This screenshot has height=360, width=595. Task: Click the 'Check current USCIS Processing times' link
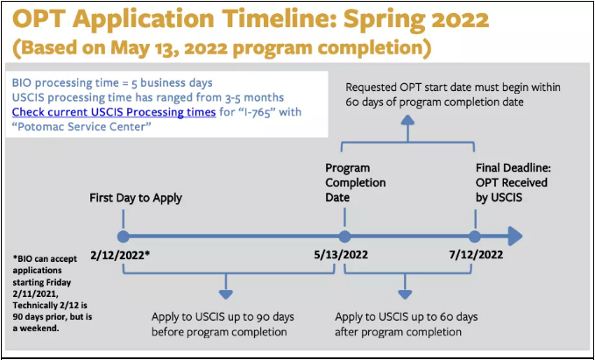click(x=114, y=112)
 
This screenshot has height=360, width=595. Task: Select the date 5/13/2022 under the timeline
click(x=341, y=254)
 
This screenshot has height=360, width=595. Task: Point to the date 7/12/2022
click(x=476, y=254)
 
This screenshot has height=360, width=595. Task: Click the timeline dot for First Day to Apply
click(x=124, y=236)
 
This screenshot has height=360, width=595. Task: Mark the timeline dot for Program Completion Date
click(x=344, y=236)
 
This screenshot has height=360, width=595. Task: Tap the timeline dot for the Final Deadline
click(x=474, y=236)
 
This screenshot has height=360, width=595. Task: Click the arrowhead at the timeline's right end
click(x=514, y=236)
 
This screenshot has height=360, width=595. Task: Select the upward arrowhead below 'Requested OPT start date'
click(x=408, y=121)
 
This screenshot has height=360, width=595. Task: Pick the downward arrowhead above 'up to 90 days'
click(x=226, y=294)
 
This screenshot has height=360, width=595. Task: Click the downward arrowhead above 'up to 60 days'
click(x=405, y=294)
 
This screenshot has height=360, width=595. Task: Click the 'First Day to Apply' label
click(x=136, y=198)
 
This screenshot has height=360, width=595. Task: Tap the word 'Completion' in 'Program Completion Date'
click(x=356, y=183)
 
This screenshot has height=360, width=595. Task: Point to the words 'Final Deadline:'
click(x=514, y=168)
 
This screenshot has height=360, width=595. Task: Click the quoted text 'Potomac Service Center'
click(x=81, y=127)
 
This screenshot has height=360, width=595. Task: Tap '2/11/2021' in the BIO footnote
click(x=31, y=293)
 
